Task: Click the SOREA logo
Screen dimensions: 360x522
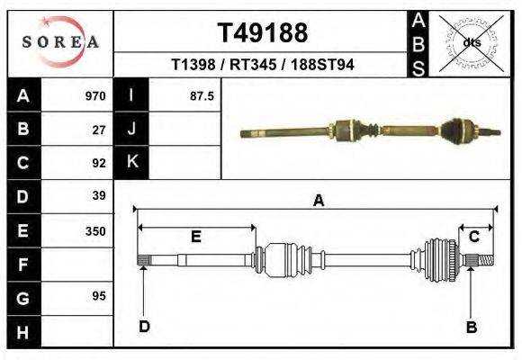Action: [x=60, y=42]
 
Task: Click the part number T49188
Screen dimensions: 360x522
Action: [x=262, y=33]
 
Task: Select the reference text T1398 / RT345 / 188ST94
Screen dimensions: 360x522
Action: [x=262, y=66]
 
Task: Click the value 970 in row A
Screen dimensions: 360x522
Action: [x=95, y=95]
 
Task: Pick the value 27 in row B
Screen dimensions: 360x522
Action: [x=100, y=130]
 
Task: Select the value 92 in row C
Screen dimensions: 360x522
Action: [x=100, y=163]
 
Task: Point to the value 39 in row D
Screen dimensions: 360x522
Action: [x=100, y=195]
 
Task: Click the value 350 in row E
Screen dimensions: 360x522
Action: [x=95, y=230]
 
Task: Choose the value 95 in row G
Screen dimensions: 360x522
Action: [x=100, y=296]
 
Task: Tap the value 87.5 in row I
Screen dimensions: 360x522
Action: [x=201, y=95]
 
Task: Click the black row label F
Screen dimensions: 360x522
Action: [x=23, y=265]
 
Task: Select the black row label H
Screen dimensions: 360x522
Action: [x=23, y=331]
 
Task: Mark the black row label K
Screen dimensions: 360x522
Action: [x=131, y=163]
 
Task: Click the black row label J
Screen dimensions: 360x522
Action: [x=131, y=130]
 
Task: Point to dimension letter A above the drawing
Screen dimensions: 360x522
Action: [x=318, y=202]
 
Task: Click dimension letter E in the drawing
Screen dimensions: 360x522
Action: [x=195, y=237]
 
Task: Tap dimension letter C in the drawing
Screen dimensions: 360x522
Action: [x=473, y=237]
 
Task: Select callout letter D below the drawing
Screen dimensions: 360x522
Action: [x=144, y=326]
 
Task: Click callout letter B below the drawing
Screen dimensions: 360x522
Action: [x=471, y=328]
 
